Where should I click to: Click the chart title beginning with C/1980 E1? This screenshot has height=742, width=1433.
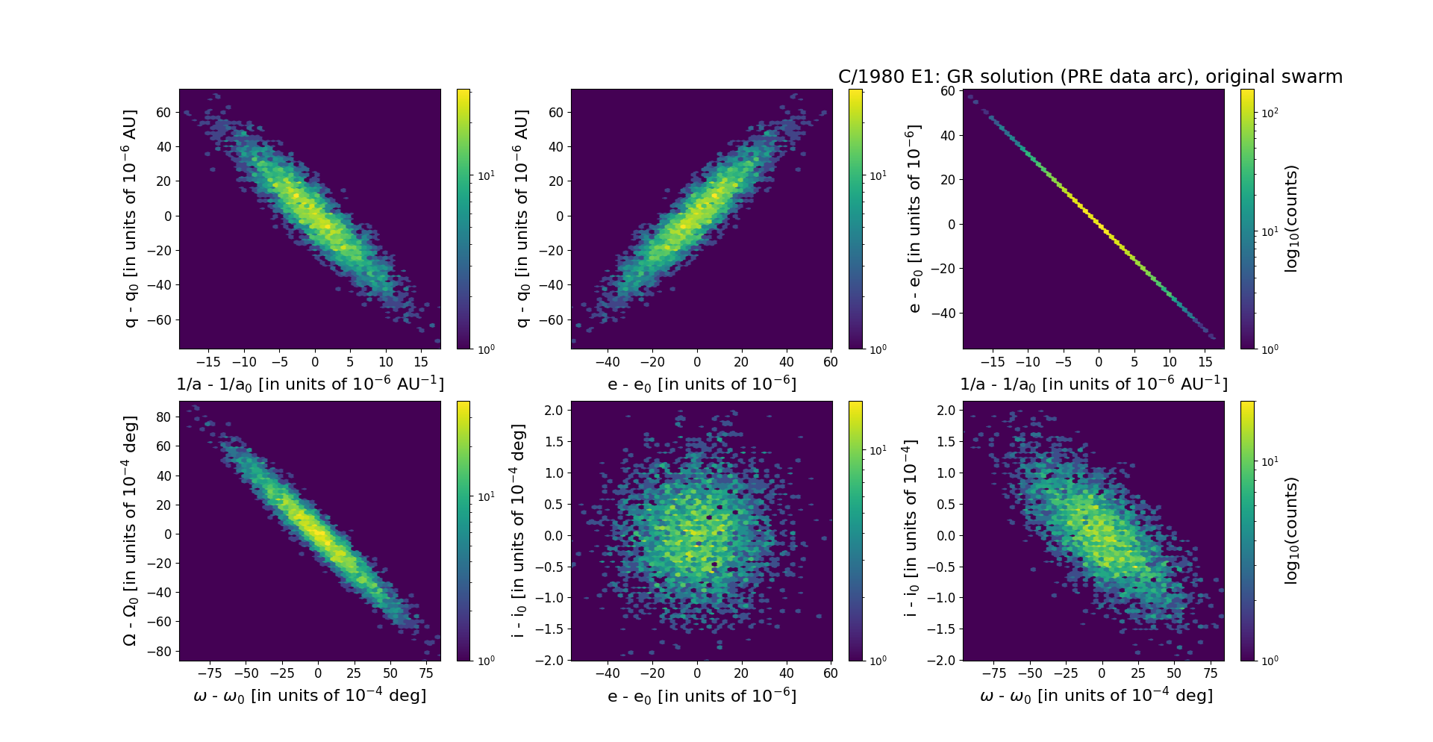click(x=1090, y=77)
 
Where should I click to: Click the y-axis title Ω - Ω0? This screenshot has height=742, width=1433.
click(x=131, y=531)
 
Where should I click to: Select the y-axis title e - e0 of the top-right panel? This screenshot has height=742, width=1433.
click(x=914, y=219)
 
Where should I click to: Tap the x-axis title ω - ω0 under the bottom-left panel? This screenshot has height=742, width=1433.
click(x=310, y=696)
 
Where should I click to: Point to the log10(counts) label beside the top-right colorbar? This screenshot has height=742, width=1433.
click(x=1291, y=219)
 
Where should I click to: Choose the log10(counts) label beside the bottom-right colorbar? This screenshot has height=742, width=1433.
click(x=1291, y=531)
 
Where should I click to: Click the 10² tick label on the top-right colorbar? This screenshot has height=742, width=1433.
click(x=1269, y=113)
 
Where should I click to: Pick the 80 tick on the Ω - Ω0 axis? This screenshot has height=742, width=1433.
click(x=163, y=417)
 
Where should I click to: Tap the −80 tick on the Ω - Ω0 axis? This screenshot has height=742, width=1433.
click(x=160, y=651)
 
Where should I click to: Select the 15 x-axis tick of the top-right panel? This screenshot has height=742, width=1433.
click(x=1205, y=362)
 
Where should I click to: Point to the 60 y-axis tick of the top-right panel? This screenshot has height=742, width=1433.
click(x=948, y=91)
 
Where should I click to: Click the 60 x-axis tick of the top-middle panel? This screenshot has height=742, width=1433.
click(x=831, y=362)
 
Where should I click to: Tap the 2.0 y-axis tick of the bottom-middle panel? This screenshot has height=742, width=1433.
click(x=553, y=410)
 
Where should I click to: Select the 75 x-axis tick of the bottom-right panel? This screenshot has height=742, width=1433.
click(x=1211, y=673)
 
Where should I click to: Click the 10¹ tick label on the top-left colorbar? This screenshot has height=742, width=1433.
click(x=485, y=175)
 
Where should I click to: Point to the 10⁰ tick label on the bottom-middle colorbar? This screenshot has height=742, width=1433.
click(x=877, y=660)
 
